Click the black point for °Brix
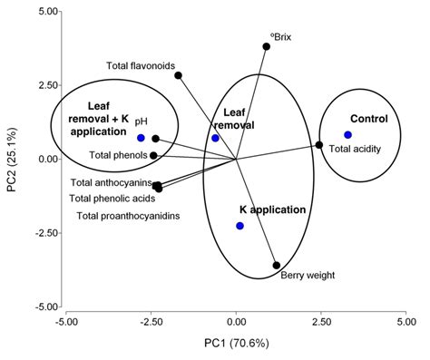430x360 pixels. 267,46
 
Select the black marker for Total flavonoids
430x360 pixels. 179,75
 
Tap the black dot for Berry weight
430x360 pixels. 277,266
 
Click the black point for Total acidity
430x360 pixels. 319,145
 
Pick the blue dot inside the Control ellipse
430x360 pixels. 347,135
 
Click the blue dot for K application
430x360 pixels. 240,226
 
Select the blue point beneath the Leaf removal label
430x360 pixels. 216,138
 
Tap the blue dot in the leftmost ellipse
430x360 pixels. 142,138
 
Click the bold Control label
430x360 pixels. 369,119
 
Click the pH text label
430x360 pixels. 141,120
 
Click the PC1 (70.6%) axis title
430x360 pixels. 236,345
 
